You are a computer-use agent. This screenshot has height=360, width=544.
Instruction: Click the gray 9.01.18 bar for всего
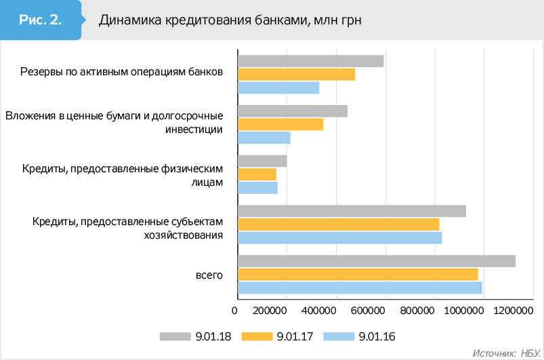(x=376, y=261)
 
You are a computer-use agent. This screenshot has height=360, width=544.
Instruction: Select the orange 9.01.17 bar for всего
(x=358, y=274)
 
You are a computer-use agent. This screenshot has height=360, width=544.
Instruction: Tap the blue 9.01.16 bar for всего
(x=360, y=287)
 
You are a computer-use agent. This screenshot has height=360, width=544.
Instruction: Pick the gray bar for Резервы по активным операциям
(x=310, y=61)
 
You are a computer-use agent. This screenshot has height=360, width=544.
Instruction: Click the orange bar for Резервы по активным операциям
(x=296, y=75)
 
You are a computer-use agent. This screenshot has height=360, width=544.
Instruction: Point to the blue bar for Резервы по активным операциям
(x=278, y=87)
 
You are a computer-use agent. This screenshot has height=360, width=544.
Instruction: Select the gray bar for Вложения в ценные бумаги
(x=292, y=111)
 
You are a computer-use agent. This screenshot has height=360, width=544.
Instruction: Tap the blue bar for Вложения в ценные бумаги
(x=264, y=138)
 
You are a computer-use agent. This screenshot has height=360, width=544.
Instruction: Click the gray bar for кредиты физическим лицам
(x=262, y=161)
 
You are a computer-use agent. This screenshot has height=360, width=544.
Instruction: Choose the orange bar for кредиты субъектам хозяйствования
(x=338, y=224)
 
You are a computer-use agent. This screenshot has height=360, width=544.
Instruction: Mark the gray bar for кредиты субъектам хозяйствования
(x=352, y=211)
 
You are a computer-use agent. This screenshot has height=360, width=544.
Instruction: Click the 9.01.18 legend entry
(x=196, y=336)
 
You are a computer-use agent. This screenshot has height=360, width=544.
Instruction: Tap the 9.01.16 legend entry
(x=360, y=336)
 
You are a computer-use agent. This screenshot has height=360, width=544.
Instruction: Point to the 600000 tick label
(x=386, y=311)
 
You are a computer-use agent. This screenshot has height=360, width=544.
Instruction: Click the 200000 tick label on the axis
(x=287, y=311)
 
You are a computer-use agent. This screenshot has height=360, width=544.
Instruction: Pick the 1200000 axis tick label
(x=514, y=311)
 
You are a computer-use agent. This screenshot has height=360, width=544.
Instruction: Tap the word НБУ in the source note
(x=529, y=353)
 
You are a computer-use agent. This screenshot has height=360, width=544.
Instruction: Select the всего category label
(x=209, y=274)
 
